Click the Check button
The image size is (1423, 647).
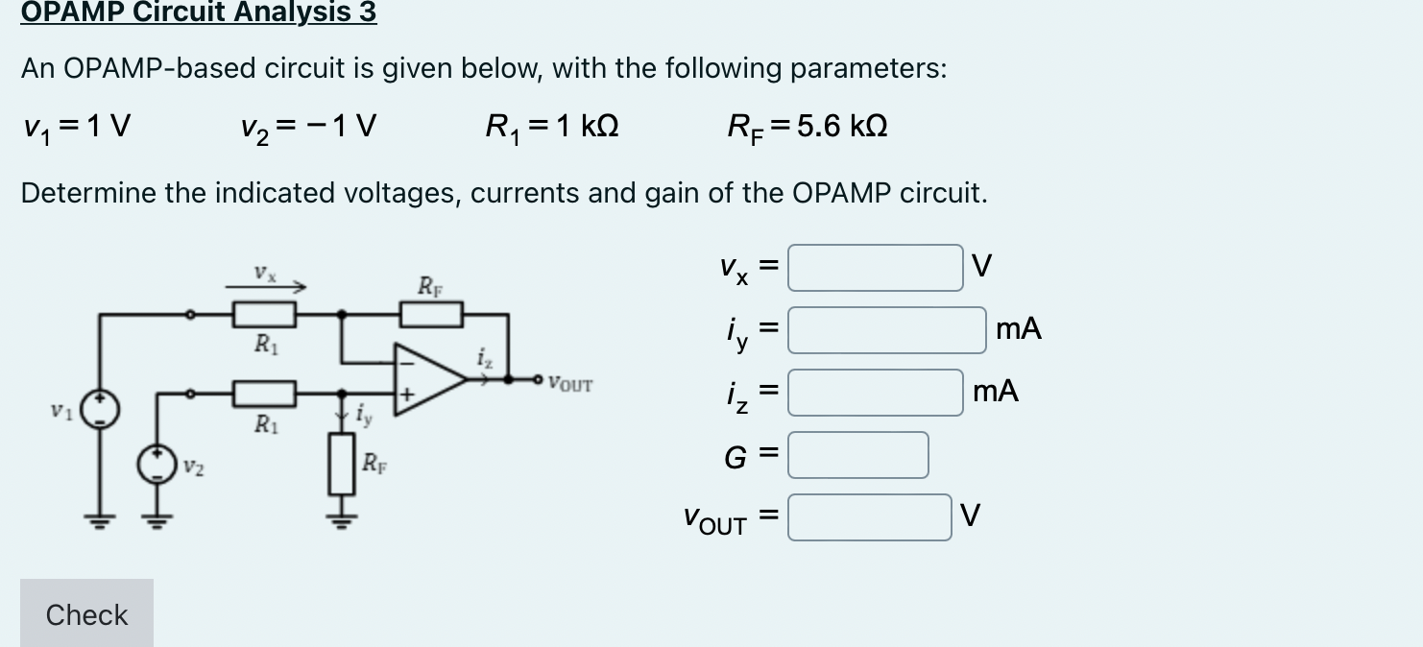point(86,613)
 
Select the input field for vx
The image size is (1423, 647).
point(875,268)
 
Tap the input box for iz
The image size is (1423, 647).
point(875,393)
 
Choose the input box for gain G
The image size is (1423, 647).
point(857,455)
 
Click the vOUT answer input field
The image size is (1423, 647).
point(869,517)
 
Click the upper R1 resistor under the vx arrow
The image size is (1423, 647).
point(264,313)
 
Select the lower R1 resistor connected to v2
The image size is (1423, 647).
point(264,392)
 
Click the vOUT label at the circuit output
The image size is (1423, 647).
point(570,385)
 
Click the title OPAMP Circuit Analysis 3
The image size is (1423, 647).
point(199,12)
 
